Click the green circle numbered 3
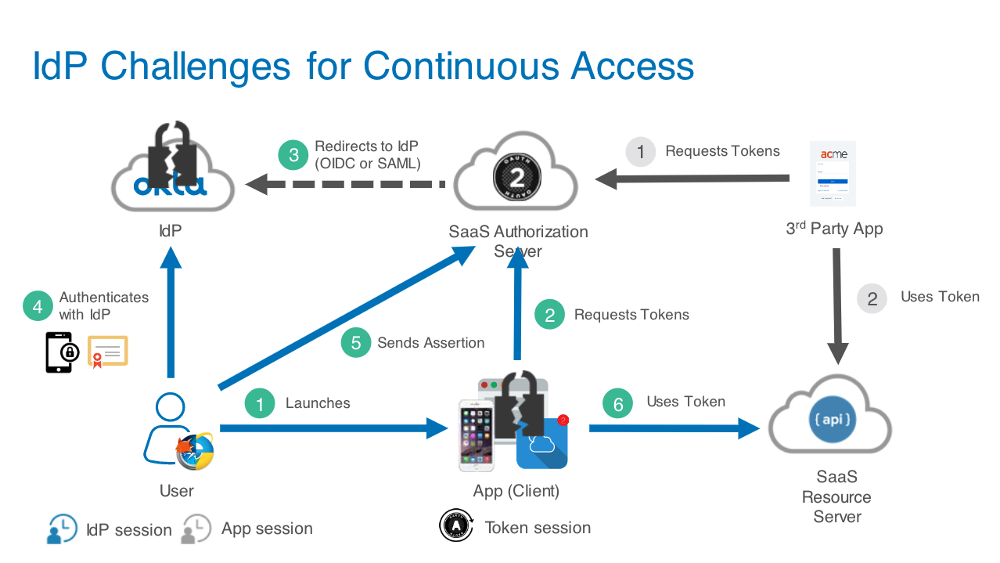tap(293, 154)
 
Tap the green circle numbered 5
tap(356, 342)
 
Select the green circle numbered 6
tap(618, 403)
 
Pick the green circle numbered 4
tap(38, 306)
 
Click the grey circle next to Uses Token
tap(872, 298)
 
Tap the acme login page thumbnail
tap(833, 173)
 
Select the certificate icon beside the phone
tap(107, 351)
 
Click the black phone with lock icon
tap(60, 352)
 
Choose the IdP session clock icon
tap(62, 529)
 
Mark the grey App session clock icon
tap(196, 529)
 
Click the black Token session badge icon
tap(455, 525)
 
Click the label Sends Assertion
tap(430, 343)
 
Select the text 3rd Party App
tap(834, 229)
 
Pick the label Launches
tap(318, 403)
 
